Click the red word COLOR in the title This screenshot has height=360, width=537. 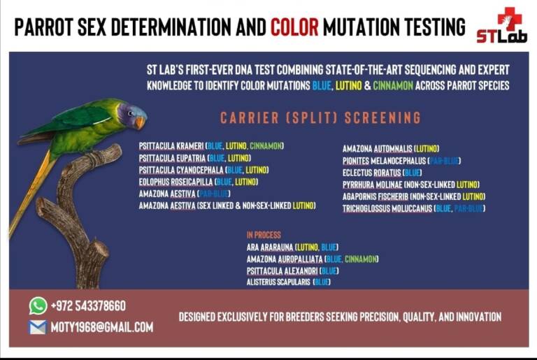pyautogui.click(x=294, y=27)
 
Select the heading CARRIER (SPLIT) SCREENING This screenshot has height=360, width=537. pyautogui.click(x=320, y=117)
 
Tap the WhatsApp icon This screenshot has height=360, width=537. pyautogui.click(x=38, y=305)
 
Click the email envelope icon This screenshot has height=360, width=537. pyautogui.click(x=38, y=326)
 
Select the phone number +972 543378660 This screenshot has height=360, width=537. pyautogui.click(x=88, y=306)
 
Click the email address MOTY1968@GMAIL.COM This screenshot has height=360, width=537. pyautogui.click(x=101, y=326)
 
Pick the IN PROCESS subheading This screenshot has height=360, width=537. pyautogui.click(x=264, y=235)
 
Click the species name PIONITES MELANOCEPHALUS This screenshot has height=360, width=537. pyautogui.click(x=383, y=160)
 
